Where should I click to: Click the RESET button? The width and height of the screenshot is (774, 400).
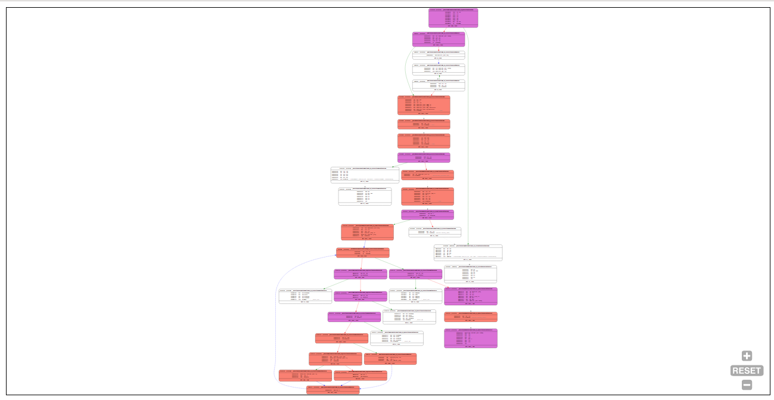747,371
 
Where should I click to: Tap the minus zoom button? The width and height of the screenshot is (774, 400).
747,385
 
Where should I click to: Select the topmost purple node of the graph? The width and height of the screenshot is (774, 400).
453,18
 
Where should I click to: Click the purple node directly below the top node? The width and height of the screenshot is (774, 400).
439,39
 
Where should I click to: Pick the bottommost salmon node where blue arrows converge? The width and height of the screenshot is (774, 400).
333,390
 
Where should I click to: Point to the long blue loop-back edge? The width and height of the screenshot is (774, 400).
276,322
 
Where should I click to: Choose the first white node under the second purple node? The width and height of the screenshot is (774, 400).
439,55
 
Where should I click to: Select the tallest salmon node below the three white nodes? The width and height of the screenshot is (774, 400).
424,106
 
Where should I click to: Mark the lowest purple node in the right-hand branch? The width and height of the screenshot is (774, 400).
471,338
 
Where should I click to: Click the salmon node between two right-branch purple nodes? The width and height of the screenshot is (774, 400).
471,317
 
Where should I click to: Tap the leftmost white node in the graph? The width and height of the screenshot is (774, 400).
305,296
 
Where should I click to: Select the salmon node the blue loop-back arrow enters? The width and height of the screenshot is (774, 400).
362,253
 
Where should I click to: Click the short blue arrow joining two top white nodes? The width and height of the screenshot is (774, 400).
439,61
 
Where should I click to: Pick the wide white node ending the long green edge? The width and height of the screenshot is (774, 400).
468,253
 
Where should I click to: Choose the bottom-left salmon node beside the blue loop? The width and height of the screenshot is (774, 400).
305,376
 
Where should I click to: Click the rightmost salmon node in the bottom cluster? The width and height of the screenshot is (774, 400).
390,359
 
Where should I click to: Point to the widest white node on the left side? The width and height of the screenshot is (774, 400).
365,175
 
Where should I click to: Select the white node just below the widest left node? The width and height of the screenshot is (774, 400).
365,197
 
